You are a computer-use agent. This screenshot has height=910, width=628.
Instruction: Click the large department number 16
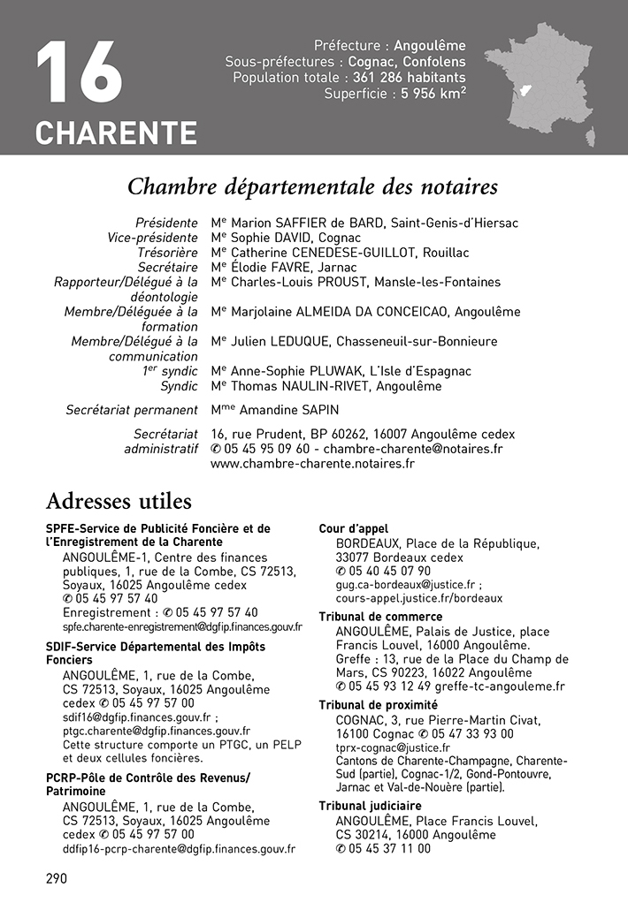(79, 72)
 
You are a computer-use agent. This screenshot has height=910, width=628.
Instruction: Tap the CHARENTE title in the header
(116, 133)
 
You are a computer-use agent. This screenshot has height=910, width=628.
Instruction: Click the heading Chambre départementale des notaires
(313, 187)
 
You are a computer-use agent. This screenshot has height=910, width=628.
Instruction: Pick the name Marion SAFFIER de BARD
(308, 223)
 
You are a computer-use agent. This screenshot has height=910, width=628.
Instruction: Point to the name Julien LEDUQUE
(282, 342)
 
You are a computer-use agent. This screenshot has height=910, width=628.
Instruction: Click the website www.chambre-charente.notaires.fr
(312, 463)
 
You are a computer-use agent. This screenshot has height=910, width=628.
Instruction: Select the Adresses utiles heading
(119, 502)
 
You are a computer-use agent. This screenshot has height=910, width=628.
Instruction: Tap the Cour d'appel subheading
(353, 528)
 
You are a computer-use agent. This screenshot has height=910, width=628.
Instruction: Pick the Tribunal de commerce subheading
(380, 617)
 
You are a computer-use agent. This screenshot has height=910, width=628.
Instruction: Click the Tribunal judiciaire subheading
(370, 806)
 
